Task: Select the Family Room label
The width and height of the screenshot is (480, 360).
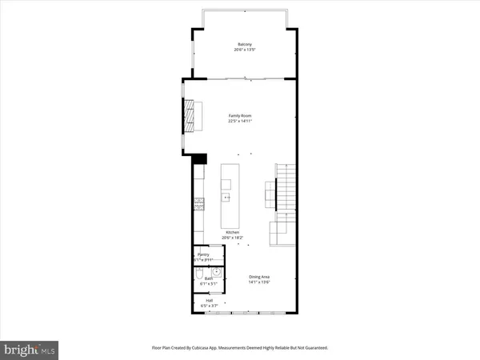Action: pos(240,116)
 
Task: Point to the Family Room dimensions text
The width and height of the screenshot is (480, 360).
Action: pos(240,122)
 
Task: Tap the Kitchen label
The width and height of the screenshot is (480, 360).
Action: pos(232,232)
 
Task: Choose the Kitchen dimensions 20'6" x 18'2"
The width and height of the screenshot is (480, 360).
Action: pos(232,238)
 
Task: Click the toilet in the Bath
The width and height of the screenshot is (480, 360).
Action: pos(198,277)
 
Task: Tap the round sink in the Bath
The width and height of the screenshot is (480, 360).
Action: pos(216,273)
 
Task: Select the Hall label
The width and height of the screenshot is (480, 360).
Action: pos(208,301)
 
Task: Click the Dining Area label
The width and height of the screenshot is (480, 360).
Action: pos(259,277)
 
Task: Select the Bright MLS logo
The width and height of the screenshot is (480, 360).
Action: pos(30,349)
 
